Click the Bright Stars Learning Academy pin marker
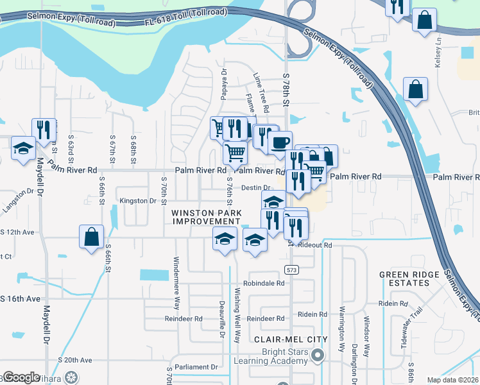(317, 355)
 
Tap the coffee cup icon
(279, 142)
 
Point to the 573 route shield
(293, 269)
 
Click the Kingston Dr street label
(138, 201)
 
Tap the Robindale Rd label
(263, 283)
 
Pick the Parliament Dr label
(196, 367)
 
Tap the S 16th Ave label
(20, 299)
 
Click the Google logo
(22, 377)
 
